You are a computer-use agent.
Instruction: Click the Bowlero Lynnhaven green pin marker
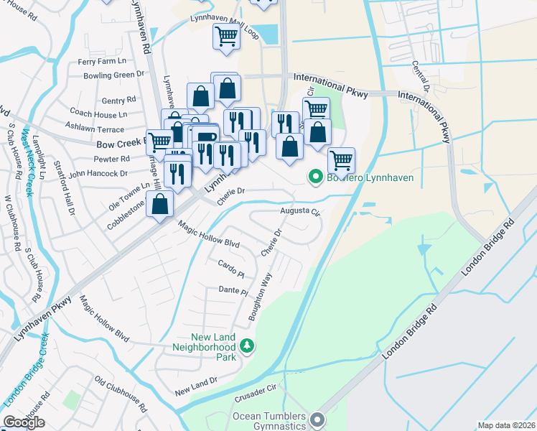point(314,177)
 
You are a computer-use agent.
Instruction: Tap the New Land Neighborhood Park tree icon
point(247,347)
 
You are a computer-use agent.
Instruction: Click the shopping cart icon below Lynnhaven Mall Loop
point(227,35)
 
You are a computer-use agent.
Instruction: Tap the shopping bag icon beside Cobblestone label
point(162,204)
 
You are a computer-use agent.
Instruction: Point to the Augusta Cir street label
point(299,212)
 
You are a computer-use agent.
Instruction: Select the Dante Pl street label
point(233,292)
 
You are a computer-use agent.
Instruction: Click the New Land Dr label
point(195,386)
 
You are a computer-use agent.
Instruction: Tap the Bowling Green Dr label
point(109,75)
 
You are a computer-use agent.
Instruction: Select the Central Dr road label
point(420,78)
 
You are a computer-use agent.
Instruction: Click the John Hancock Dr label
point(98,173)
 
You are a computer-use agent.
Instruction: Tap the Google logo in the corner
point(24,422)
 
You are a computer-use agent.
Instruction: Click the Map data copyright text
point(505,425)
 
